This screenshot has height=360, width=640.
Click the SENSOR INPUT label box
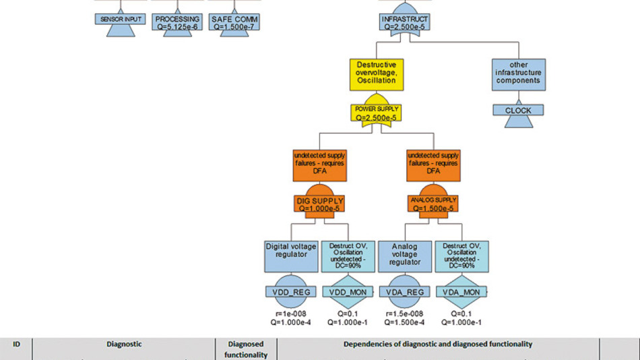pos(121,19)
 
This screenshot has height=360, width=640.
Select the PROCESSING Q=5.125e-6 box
pos(177,23)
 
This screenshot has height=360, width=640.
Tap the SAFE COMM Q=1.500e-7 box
pos(234,23)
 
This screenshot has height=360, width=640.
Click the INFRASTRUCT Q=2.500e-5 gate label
pos(404,23)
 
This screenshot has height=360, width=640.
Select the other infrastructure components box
pos(518,76)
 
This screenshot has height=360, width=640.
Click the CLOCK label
pos(518,111)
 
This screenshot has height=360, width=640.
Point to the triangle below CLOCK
pos(518,122)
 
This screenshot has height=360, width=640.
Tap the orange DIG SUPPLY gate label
pos(320,204)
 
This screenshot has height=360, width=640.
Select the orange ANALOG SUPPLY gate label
pos(434,204)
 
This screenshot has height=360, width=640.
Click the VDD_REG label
pos(291,292)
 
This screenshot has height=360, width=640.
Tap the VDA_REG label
pos(405,292)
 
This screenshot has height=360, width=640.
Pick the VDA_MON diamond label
pos(461,292)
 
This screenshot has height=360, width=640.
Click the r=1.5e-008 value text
pos(405,313)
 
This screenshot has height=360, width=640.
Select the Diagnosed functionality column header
pos(246,349)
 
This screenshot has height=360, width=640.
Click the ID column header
pos(16,344)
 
